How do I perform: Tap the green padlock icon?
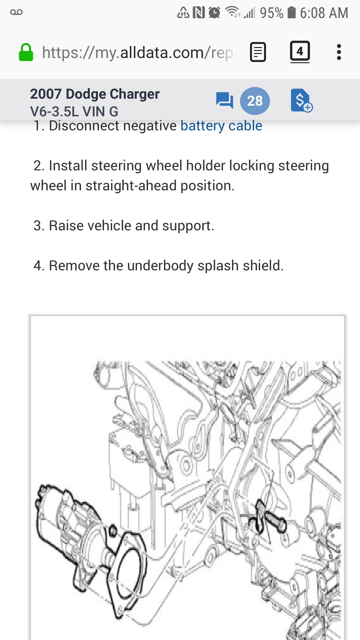coord(26,52)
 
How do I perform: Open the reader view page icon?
coord(258,52)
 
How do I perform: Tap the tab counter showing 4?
coord(300,52)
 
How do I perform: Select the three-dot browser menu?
coord(339,52)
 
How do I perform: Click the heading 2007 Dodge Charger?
coord(95,94)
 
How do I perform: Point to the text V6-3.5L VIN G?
coord(74,112)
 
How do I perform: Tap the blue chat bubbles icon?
coord(224,100)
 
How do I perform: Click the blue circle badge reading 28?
coord(255,101)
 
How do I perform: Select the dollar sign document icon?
coord(301,100)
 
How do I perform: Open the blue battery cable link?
coord(221,126)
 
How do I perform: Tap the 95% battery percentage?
coord(272,13)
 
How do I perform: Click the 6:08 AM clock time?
coord(324,13)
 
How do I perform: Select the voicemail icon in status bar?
coord(16,12)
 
